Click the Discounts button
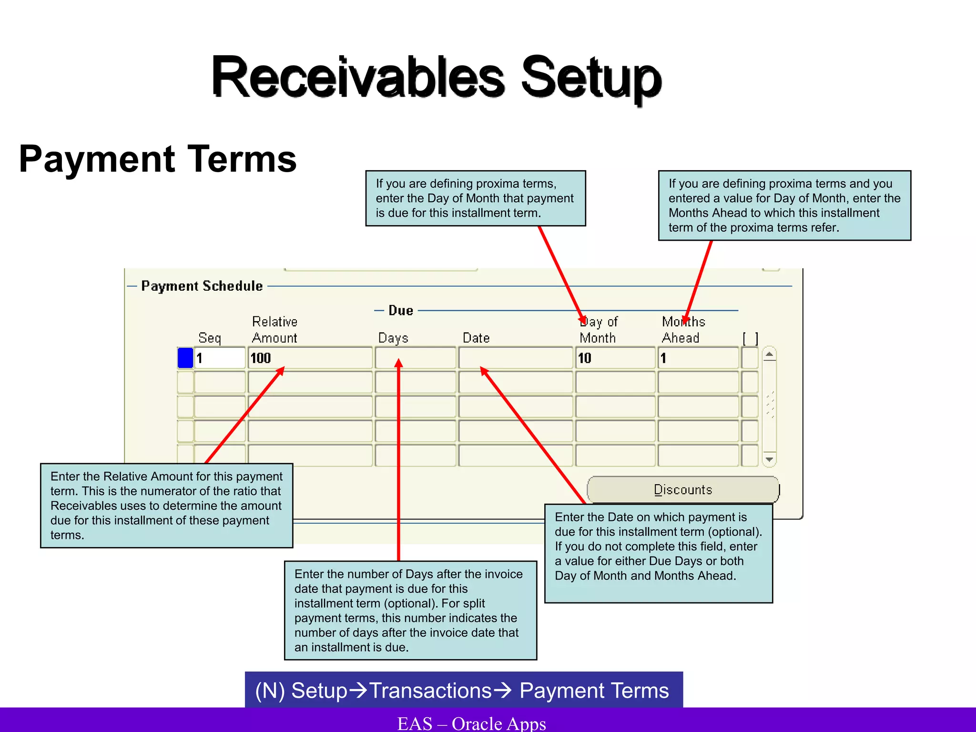[x=683, y=489]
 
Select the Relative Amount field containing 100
[x=310, y=358]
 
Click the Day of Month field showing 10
[x=615, y=358]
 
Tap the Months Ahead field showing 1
[x=698, y=358]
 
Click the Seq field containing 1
[x=220, y=358]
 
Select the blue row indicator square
[x=185, y=358]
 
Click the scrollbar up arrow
[x=769, y=355]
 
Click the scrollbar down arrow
[x=769, y=459]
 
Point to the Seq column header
[x=210, y=338]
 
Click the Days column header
[x=393, y=338]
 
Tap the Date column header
[x=476, y=338]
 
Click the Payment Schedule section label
[x=202, y=286]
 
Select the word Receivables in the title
[x=357, y=77]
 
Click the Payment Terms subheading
[x=158, y=159]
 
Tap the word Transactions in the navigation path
[x=430, y=691]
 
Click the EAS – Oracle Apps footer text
[x=472, y=723]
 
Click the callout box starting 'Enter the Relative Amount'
[x=166, y=505]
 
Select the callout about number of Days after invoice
[x=410, y=610]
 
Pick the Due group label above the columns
[x=400, y=311]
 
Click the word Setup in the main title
[x=591, y=77]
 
